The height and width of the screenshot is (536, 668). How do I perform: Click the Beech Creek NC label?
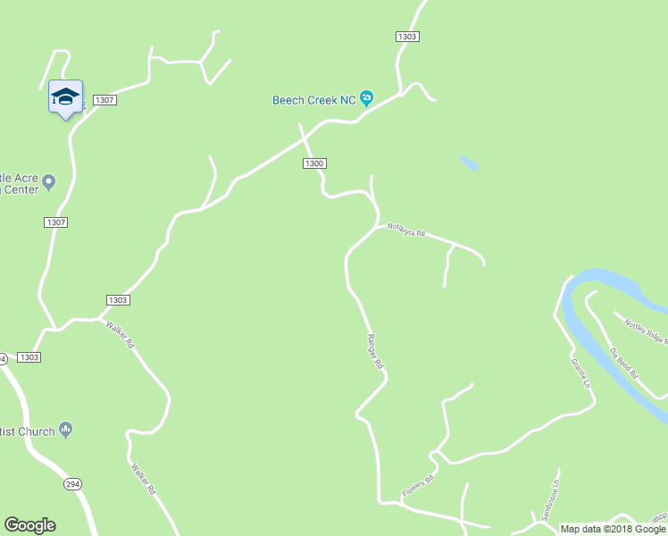(x=314, y=100)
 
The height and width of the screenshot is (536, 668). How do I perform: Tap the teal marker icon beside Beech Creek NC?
(x=367, y=99)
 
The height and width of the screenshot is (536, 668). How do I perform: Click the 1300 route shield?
(x=313, y=163)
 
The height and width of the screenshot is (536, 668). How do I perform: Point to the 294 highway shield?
(x=72, y=483)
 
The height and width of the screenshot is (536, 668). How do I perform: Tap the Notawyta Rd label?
(x=406, y=231)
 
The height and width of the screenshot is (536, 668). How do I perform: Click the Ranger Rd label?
(x=375, y=351)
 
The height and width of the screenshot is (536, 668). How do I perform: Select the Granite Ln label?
(x=581, y=373)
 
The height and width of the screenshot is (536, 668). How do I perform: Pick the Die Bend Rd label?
(x=623, y=362)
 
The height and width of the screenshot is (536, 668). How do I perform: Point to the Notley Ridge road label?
(x=645, y=331)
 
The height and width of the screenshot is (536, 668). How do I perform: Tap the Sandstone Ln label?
(x=548, y=499)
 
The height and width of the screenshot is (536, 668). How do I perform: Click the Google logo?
(x=29, y=525)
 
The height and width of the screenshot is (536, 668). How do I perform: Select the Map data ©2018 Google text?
(x=613, y=529)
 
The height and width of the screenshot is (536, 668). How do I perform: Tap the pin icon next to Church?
(x=65, y=431)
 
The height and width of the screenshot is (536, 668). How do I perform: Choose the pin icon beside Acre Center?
(x=49, y=182)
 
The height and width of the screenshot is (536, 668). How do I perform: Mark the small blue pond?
(x=469, y=163)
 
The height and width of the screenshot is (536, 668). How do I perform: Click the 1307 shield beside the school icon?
(x=104, y=100)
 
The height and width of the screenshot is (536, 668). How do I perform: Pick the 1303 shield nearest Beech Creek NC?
(x=406, y=37)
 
